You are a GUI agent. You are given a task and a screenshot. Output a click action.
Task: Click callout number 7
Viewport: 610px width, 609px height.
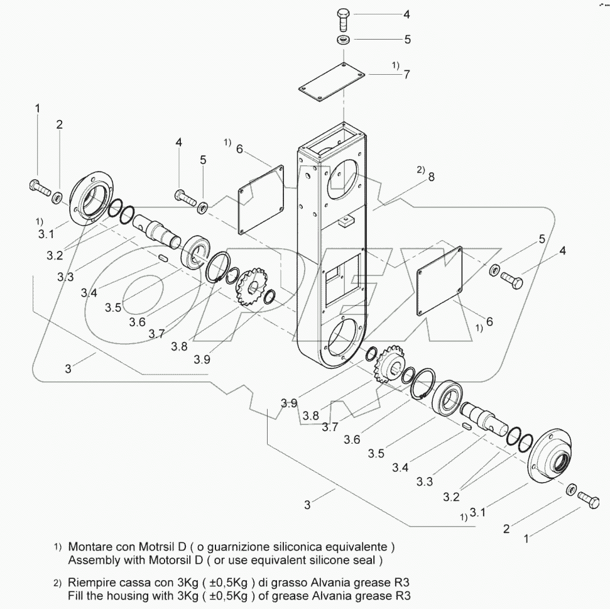point(406,75)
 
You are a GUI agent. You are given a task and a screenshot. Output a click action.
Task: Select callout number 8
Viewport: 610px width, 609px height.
point(430,178)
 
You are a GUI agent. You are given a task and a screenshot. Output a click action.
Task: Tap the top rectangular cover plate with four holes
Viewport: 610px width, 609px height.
point(331,85)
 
